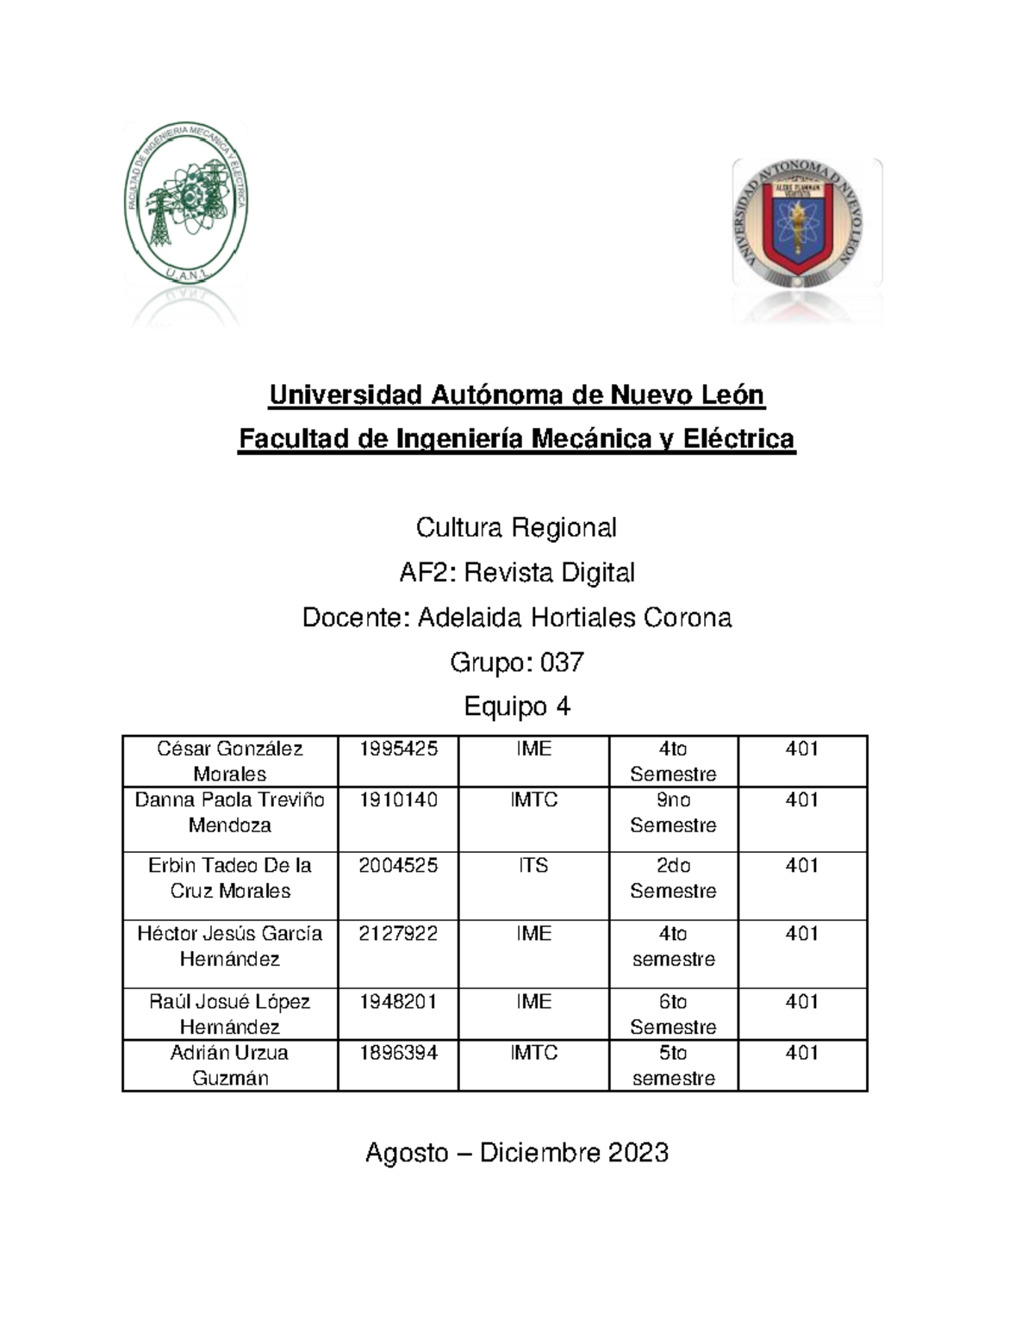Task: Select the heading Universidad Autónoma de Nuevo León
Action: [x=516, y=395]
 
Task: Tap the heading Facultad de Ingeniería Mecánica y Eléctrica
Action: [x=516, y=439]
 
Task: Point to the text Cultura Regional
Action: [x=516, y=527]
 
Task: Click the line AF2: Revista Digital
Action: [x=516, y=572]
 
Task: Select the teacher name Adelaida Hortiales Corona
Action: [x=574, y=618]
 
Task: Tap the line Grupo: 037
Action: [x=516, y=662]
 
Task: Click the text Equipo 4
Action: [x=516, y=706]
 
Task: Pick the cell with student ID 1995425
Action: [x=398, y=749]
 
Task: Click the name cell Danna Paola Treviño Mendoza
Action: [x=230, y=812]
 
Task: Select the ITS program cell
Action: [x=533, y=865]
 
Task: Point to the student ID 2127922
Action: [x=398, y=933]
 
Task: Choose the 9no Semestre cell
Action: [x=673, y=812]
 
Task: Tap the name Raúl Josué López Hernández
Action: [x=230, y=1014]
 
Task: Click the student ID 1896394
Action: [x=398, y=1053]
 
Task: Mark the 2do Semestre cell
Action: [x=673, y=878]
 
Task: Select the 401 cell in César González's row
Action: [x=801, y=749]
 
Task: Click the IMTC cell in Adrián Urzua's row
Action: [x=533, y=1053]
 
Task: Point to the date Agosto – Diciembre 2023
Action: [x=516, y=1153]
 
